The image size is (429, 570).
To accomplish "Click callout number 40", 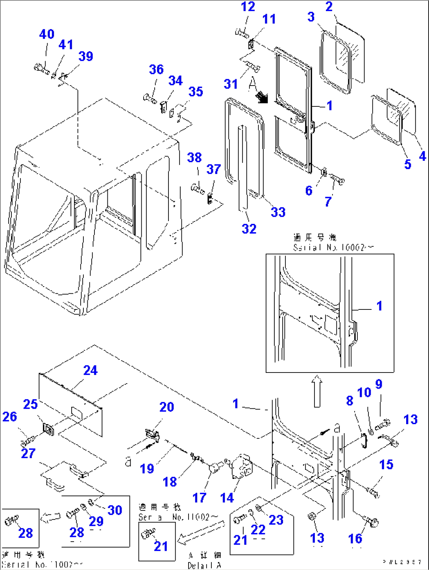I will [46, 34].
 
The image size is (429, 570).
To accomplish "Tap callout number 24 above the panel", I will [90, 371].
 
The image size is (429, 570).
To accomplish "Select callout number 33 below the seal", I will [278, 212].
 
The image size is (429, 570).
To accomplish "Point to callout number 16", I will [355, 538].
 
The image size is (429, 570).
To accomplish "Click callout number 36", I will [156, 70].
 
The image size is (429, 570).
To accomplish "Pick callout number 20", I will [166, 407].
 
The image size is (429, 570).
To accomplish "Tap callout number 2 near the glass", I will [329, 7].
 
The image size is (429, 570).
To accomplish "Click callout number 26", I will [10, 417].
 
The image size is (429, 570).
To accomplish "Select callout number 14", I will [227, 498].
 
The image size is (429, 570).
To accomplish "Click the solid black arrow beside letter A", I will [261, 97].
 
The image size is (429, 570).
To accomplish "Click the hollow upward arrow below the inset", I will [317, 393].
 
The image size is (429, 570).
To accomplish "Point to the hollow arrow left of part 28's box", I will [50, 517].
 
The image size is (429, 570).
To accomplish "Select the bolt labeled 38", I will [197, 188].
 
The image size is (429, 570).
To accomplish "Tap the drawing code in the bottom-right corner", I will [402, 562].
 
